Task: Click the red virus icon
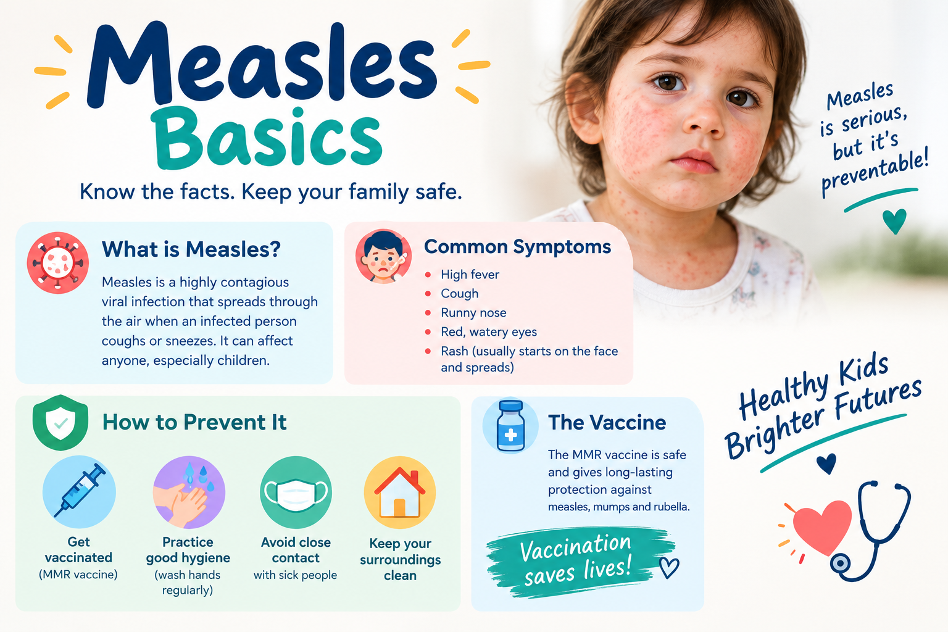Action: click(x=58, y=262)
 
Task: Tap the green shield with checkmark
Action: click(x=60, y=422)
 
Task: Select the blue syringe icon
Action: click(x=79, y=491)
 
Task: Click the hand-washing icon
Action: click(x=189, y=492)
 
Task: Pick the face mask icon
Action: click(x=296, y=492)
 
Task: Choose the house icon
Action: click(x=400, y=493)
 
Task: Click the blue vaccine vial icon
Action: click(x=511, y=425)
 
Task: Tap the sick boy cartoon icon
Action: click(x=383, y=257)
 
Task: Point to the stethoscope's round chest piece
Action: click(x=839, y=563)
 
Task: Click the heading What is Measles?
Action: click(x=191, y=249)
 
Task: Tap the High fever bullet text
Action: click(x=470, y=275)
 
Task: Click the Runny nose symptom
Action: click(x=473, y=313)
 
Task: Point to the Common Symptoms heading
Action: click(x=518, y=247)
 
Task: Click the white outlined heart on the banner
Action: click(x=669, y=567)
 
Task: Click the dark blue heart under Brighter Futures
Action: click(x=826, y=463)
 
